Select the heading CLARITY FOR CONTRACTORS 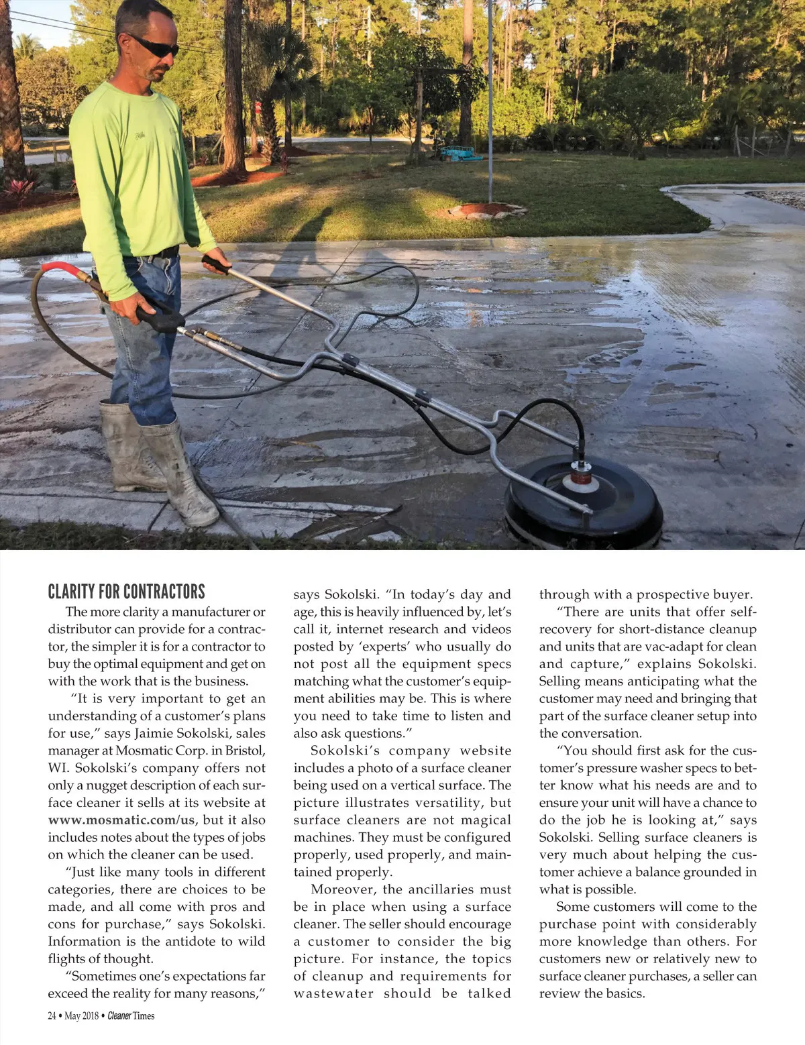coord(126,592)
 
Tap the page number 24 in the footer coord(52,1015)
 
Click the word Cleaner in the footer coord(119,1015)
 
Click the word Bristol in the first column coord(239,751)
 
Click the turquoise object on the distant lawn coord(460,152)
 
